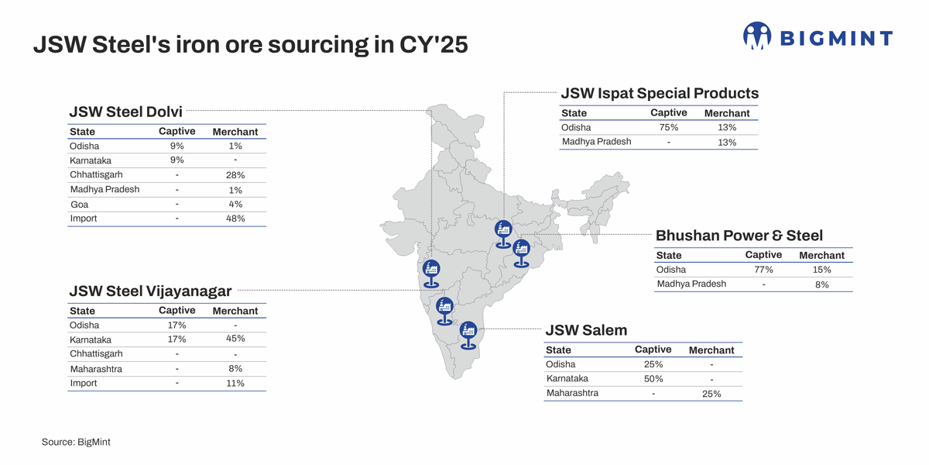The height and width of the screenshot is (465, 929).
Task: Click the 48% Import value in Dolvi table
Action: (235, 219)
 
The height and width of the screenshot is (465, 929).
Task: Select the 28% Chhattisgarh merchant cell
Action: (235, 175)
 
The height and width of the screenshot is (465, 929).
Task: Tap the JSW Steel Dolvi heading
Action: (125, 112)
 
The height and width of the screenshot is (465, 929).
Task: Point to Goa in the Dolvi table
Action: (79, 205)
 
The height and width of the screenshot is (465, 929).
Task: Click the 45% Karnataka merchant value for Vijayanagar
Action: (235, 339)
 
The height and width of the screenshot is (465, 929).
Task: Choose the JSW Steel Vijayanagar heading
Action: (150, 291)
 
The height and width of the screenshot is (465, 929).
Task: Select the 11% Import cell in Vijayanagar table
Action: (235, 383)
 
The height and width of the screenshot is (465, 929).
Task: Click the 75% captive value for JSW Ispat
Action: (669, 127)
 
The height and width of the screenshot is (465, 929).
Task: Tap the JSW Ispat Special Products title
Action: (659, 93)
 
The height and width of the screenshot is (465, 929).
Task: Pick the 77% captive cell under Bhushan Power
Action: (763, 270)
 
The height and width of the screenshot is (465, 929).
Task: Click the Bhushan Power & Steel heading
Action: (739, 236)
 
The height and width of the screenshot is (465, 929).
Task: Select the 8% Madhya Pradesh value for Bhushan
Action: (821, 284)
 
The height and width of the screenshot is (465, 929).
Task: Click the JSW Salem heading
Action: (586, 331)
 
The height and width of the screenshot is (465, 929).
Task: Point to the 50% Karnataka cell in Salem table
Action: (653, 379)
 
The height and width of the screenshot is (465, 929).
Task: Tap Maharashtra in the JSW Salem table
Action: (572, 394)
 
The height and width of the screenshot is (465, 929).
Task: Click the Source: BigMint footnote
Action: (76, 442)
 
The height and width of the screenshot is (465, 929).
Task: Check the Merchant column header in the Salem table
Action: (711, 350)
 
